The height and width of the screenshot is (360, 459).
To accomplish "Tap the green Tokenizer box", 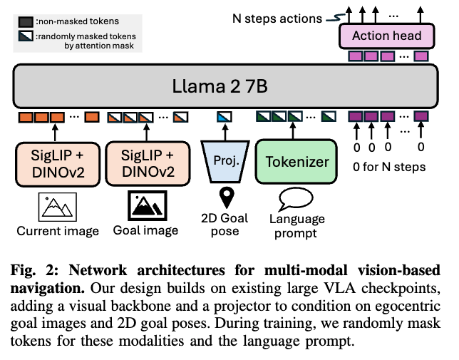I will pos(297,161).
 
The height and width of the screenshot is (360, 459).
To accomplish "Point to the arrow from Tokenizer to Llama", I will pos(297,131).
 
